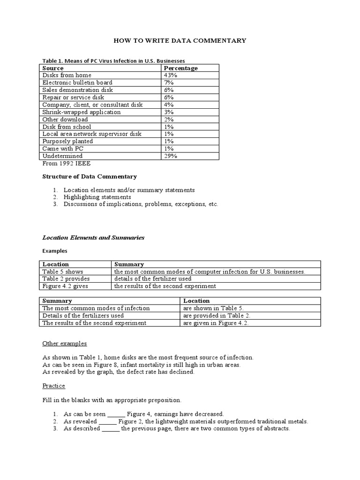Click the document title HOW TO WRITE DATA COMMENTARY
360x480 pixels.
point(180,41)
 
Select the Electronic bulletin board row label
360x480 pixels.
point(77,82)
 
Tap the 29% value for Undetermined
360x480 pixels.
point(170,156)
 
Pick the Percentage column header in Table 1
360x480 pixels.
point(180,68)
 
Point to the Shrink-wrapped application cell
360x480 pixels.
point(81,112)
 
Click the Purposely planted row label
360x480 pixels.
point(67,141)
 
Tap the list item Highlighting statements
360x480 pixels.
point(97,197)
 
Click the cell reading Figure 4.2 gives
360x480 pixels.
point(65,286)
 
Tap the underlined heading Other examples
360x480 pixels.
point(65,344)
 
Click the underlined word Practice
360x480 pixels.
point(54,386)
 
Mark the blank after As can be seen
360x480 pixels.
point(116,414)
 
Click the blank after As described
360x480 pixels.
point(111,429)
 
